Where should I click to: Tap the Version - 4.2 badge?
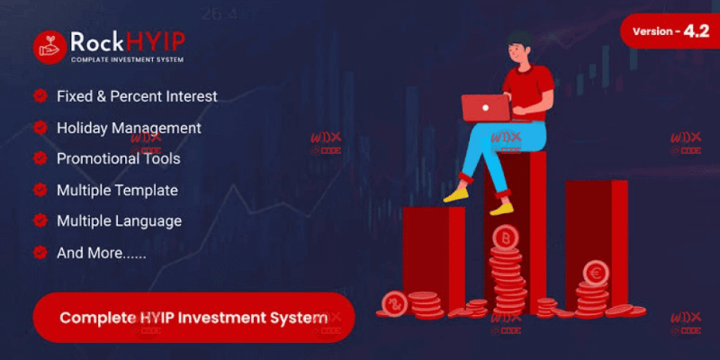tap(667, 31)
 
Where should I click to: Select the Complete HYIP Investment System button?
tap(193, 318)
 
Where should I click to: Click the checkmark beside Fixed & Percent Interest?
tap(40, 96)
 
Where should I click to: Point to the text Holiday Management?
tap(129, 128)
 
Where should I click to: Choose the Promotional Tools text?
tap(118, 158)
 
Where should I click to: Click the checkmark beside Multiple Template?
tap(40, 190)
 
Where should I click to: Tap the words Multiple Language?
tap(119, 220)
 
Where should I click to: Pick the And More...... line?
tap(102, 253)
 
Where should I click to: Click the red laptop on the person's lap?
tap(485, 107)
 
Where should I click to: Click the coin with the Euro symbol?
tap(594, 272)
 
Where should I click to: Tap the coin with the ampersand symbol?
tap(392, 303)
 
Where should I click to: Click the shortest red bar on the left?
tap(433, 252)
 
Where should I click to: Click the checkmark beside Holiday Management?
tap(40, 128)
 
